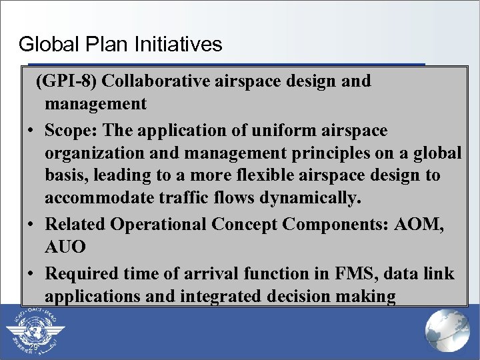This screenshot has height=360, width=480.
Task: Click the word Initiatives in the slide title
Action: (x=178, y=45)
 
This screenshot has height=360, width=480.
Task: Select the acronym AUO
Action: (x=65, y=248)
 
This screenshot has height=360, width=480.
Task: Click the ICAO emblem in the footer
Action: (x=34, y=331)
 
